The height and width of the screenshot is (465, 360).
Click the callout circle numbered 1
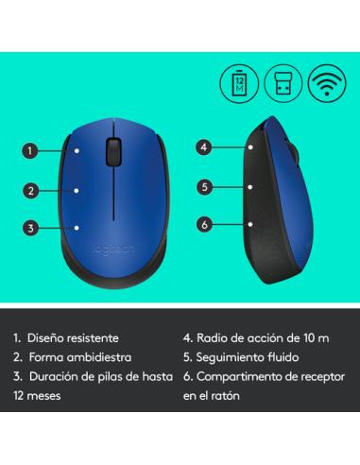31,150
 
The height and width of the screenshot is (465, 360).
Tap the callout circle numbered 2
31,191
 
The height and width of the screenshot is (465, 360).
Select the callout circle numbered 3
31,228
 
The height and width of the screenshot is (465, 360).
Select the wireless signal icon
323,82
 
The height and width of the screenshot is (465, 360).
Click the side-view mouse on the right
285,189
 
